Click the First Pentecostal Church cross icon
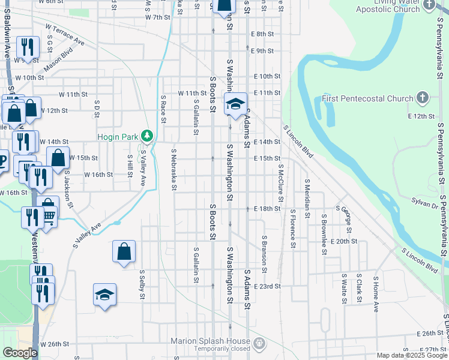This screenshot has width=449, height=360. pyautogui.click(x=423, y=97)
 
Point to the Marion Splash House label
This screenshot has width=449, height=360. pyautogui.click(x=210, y=341)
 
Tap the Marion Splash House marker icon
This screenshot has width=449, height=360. pyautogui.click(x=259, y=344)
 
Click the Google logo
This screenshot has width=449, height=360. pyautogui.click(x=20, y=353)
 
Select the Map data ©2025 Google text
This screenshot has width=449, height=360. pyautogui.click(x=411, y=355)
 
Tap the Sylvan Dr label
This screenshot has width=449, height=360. pyautogui.click(x=425, y=205)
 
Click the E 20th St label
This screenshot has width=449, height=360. pyautogui.click(x=343, y=241)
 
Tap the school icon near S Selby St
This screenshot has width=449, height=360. pyautogui.click(x=104, y=295)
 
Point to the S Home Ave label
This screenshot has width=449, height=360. pyautogui.click(x=376, y=294)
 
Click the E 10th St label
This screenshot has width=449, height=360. pyautogui.click(x=267, y=76)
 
